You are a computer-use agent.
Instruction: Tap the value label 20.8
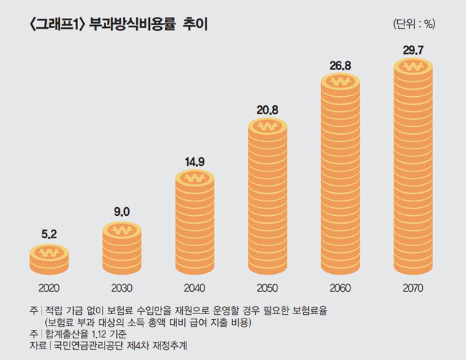point(267,110)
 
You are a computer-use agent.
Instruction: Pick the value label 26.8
point(340,65)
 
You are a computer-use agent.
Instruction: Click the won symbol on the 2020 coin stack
point(49,253)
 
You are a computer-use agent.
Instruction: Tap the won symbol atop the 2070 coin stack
point(413,67)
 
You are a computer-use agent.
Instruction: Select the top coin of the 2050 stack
point(267,128)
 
